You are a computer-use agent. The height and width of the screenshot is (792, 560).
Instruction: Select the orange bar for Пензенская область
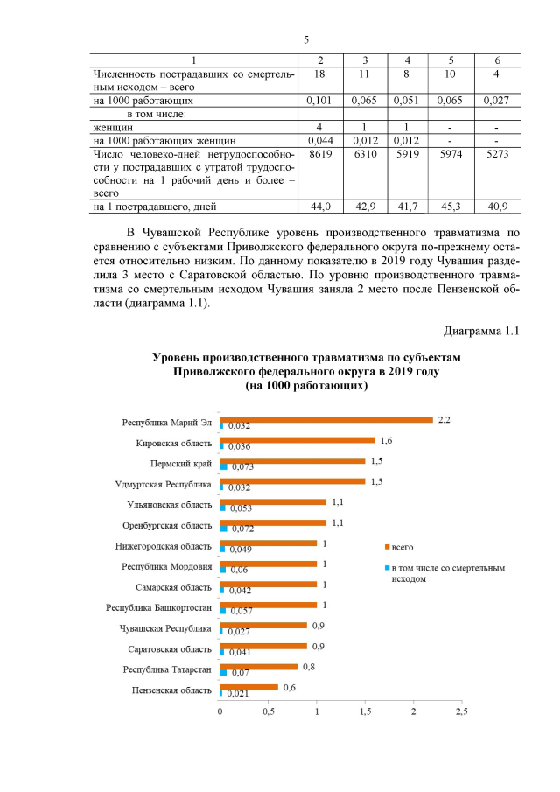coord(248,687)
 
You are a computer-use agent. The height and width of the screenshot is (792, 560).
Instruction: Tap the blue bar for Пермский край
coord(223,467)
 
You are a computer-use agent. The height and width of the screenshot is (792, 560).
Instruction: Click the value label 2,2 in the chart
coord(444,419)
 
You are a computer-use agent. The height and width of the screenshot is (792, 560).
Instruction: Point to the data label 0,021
coord(239,694)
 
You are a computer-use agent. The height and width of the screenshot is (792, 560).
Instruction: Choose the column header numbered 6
coord(497,60)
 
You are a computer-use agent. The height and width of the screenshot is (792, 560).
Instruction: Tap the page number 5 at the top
coord(306,39)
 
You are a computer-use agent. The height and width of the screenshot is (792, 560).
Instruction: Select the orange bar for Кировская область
coord(297,440)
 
